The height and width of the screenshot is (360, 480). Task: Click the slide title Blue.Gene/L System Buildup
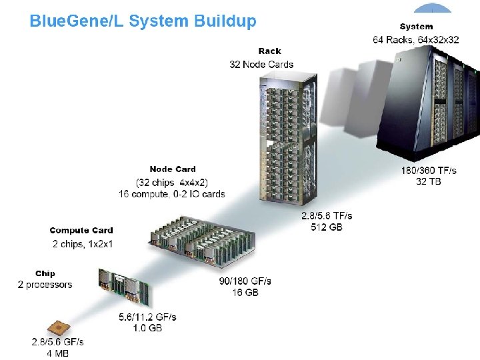point(143,21)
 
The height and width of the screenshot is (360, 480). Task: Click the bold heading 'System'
point(416,27)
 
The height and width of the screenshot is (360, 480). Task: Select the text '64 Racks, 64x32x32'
point(416,39)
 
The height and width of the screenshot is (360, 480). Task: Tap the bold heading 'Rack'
point(269,51)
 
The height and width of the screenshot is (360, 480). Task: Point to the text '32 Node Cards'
point(261,65)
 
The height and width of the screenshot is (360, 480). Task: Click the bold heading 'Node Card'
point(173,169)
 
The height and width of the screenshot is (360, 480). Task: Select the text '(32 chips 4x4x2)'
point(172,182)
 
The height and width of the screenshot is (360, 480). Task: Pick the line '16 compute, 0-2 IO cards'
point(172,194)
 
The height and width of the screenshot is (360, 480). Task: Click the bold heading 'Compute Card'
point(81,231)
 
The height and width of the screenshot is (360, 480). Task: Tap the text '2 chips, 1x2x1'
point(83,243)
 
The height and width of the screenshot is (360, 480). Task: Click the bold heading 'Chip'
point(45,273)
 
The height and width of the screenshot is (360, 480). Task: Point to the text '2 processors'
point(45,285)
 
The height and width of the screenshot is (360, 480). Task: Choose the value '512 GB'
point(327,227)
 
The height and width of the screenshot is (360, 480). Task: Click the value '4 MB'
point(57,353)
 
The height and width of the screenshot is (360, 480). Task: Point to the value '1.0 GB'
point(147,328)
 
